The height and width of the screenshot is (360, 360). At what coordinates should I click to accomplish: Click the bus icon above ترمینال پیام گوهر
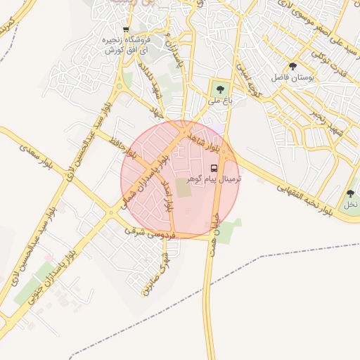[x=214, y=169]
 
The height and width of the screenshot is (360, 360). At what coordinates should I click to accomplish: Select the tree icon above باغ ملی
[x=220, y=89]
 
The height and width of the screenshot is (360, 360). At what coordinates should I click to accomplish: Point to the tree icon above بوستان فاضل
[x=293, y=67]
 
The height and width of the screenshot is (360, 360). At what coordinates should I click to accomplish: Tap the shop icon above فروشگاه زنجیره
[x=126, y=30]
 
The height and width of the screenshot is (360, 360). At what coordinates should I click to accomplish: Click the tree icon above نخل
[x=349, y=193]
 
